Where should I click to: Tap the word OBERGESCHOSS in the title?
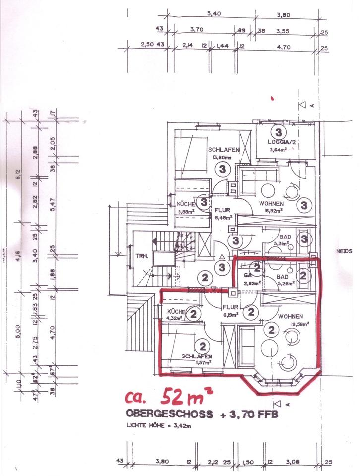[170, 414]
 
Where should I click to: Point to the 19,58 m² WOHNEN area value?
[300, 324]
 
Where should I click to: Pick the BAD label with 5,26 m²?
[282, 276]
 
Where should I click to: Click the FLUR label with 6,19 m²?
[229, 307]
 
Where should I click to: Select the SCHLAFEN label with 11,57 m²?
[197, 357]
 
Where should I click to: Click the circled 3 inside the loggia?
[278, 132]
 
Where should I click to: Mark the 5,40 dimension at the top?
[214, 13]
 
